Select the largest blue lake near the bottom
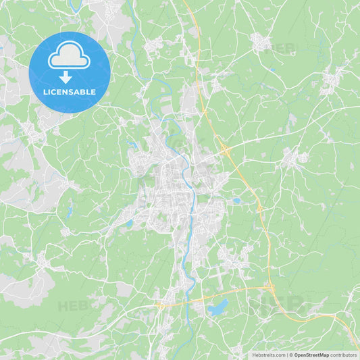pyautogui.click(x=217, y=308)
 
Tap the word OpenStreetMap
pyautogui.click(x=311, y=355)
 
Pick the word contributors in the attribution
pyautogui.click(x=344, y=355)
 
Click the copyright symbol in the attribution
pyautogui.click(x=291, y=355)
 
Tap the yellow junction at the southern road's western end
pyautogui.click(x=160, y=305)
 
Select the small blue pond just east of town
pyautogui.click(x=236, y=201)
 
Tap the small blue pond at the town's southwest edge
pyautogui.click(x=128, y=223)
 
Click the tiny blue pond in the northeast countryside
pyautogui.click(x=272, y=69)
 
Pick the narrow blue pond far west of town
pyautogui.click(x=70, y=211)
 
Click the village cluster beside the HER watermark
pyautogui.click(x=260, y=42)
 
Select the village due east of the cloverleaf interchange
pyautogui.click(x=294, y=158)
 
